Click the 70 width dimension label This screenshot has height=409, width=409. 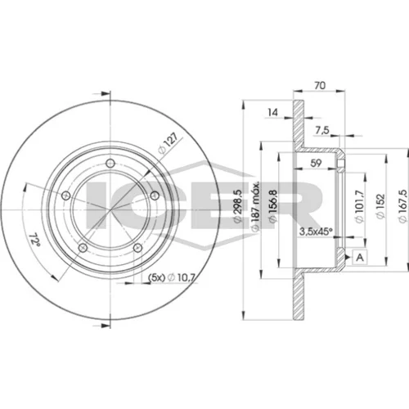coord(320,85)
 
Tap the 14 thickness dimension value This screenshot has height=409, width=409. coord(272,112)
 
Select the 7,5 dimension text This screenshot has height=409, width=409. coord(322,131)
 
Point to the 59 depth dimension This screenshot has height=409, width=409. coord(316,163)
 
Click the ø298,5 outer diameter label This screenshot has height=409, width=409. coord(238,206)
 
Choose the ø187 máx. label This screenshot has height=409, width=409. coord(255,206)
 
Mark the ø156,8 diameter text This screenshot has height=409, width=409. coord(273,206)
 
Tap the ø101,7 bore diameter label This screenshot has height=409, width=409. coord(360,206)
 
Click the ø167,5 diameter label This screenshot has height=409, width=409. coord(402,206)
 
